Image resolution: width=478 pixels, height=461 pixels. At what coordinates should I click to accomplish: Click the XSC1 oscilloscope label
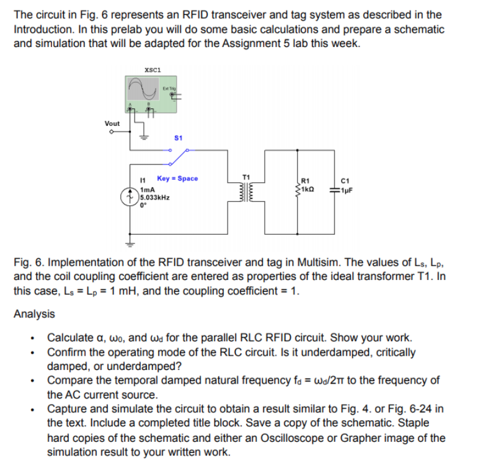[153, 70]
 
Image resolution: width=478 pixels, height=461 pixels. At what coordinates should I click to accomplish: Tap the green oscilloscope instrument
[151, 94]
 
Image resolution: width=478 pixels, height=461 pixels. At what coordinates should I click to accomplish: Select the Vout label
[112, 123]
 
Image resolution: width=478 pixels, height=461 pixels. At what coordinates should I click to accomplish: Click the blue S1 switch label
[179, 138]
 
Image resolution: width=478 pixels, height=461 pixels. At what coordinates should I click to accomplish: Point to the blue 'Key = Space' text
[177, 178]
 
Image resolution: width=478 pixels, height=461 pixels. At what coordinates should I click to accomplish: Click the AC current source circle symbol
[130, 197]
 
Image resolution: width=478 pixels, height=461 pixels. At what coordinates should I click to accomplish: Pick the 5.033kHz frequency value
[155, 198]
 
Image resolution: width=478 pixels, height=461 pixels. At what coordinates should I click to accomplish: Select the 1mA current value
[147, 190]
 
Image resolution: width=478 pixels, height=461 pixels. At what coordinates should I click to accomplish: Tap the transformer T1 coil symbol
[246, 192]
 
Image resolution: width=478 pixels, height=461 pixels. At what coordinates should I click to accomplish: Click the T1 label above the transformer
[246, 177]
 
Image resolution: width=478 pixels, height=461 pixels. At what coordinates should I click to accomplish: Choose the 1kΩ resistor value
[308, 189]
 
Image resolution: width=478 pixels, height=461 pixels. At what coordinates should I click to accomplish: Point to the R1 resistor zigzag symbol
[297, 190]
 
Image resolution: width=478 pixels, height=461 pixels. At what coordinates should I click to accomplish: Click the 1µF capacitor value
[347, 190]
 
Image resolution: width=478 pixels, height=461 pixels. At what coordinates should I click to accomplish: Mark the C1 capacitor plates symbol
[334, 190]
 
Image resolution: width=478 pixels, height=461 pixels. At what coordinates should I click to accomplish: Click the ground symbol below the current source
[130, 244]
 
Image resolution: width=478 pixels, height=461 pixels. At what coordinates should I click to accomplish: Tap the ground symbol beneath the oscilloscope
[144, 138]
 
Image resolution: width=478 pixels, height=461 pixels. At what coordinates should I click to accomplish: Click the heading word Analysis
[34, 314]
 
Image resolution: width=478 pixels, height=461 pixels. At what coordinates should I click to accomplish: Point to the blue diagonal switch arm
[179, 157]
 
